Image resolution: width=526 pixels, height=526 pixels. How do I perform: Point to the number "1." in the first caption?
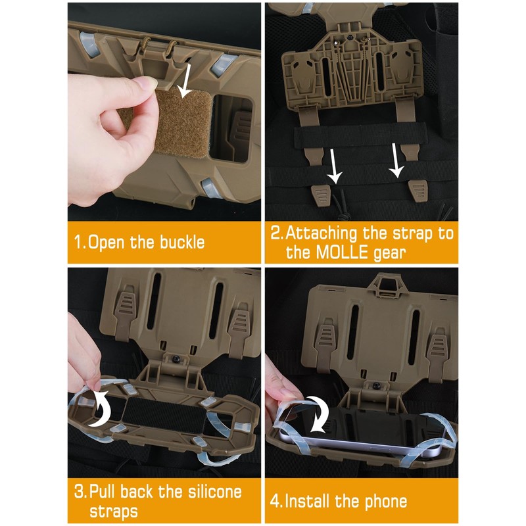79,241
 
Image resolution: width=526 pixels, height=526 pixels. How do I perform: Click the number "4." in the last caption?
276,502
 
